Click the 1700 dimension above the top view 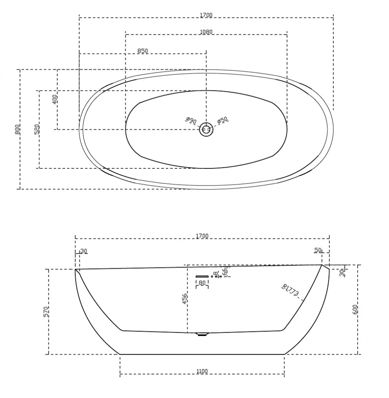pos(206,15)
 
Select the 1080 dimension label pos(207,32)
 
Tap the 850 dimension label pos(142,51)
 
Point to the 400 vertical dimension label pos(55,99)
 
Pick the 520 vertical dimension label pos(37,129)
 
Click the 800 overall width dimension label pos(18,129)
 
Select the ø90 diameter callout pos(191,120)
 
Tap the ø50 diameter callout pos(222,120)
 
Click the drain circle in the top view pos(206,129)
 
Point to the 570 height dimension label pos(46,311)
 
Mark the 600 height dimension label pos(355,309)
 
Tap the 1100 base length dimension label pos(202,371)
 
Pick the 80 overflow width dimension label pos(202,283)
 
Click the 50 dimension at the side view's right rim pos(318,250)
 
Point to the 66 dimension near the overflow pos(225,271)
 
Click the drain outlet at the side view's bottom pos(202,334)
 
